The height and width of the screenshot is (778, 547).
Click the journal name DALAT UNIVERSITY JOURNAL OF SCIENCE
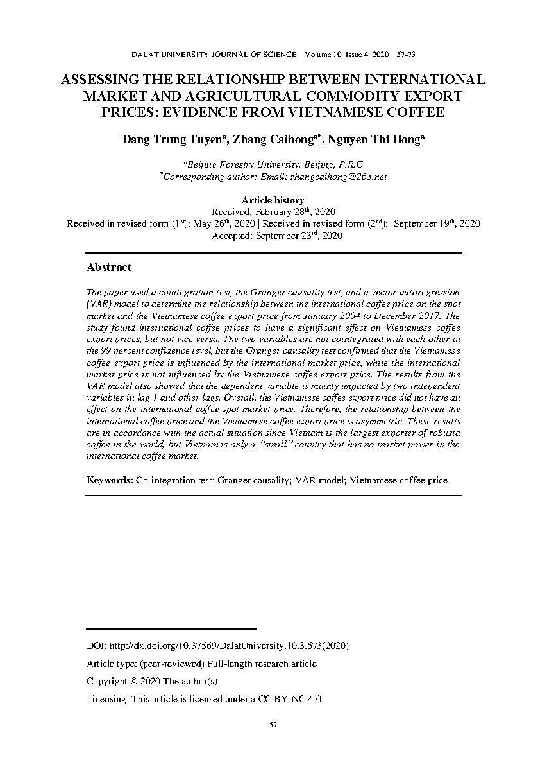[x=214, y=55]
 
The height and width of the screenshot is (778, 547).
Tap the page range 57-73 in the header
[x=407, y=55]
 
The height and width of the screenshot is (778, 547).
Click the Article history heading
[x=273, y=200]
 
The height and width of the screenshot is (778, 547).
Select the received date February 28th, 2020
[x=295, y=212]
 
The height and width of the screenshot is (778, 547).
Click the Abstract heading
[x=109, y=267]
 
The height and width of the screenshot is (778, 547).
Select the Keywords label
[x=110, y=480]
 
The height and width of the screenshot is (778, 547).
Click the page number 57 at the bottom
[x=273, y=725]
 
